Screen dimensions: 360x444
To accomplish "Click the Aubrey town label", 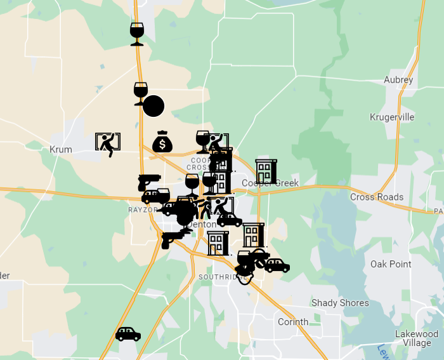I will click(x=398, y=80).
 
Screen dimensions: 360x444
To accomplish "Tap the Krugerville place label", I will click(x=392, y=117).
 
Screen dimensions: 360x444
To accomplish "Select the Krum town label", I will click(x=61, y=150).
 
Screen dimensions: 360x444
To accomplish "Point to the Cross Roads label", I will click(x=377, y=197).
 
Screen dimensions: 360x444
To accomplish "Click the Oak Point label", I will click(x=391, y=264).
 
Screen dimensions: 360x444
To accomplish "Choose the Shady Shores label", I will click(x=340, y=303).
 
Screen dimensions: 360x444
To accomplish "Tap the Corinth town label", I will click(x=293, y=322).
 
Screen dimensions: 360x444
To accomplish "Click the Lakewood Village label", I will click(x=417, y=338).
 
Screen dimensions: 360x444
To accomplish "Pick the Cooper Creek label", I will click(x=270, y=183).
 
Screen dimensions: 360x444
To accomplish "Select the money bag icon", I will click(x=162, y=142).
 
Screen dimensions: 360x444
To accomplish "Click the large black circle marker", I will click(x=153, y=105).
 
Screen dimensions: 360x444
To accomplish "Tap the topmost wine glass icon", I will click(x=137, y=34).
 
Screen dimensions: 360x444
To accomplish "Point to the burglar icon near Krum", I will click(x=108, y=144).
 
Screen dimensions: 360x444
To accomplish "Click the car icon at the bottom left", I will click(x=128, y=334).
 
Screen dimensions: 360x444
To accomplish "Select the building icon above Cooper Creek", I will click(x=266, y=171).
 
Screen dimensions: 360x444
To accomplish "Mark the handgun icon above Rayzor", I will click(x=149, y=182).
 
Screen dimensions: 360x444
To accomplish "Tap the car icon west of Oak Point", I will click(x=277, y=265).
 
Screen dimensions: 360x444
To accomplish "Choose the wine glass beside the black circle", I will click(x=140, y=93).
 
